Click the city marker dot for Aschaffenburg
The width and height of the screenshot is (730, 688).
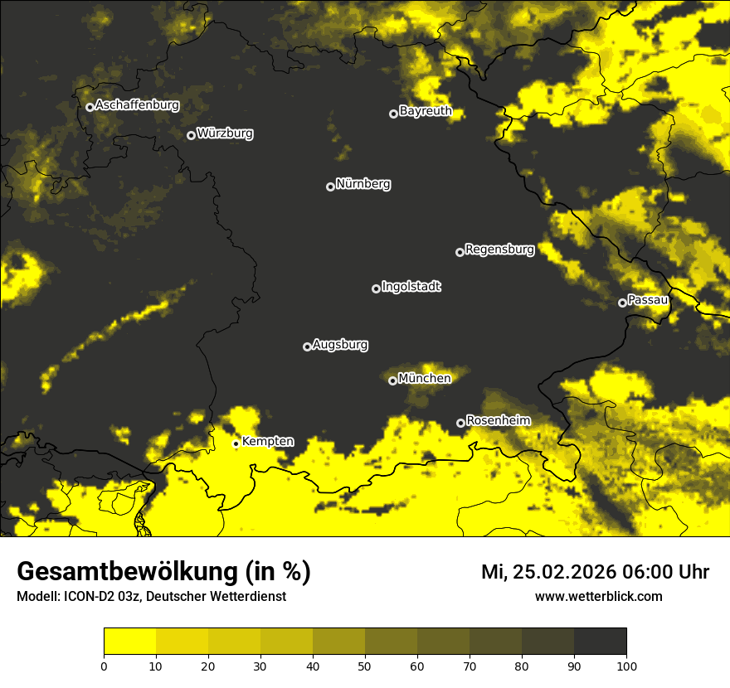[90, 107]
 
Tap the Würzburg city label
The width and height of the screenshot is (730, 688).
[225, 133]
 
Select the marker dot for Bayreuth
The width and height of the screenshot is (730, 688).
[393, 114]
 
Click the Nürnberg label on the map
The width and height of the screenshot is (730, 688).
[363, 184]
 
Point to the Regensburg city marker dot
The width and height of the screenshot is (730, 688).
[460, 252]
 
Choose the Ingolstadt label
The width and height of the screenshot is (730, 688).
[411, 287]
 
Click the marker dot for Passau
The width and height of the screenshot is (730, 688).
[622, 303]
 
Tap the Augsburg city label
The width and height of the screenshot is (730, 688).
[340, 344]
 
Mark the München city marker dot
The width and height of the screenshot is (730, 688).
[392, 381]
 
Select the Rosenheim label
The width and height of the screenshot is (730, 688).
[498, 420]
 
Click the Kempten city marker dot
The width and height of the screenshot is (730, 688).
[236, 443]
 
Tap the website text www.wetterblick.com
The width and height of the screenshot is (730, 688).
[598, 596]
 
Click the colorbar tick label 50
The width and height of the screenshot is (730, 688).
[365, 666]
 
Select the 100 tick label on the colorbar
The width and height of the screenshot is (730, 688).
[625, 666]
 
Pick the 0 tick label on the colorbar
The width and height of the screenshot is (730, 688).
[104, 666]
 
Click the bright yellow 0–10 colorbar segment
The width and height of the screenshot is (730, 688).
[129, 642]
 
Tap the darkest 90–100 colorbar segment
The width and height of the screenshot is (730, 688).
[600, 642]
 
